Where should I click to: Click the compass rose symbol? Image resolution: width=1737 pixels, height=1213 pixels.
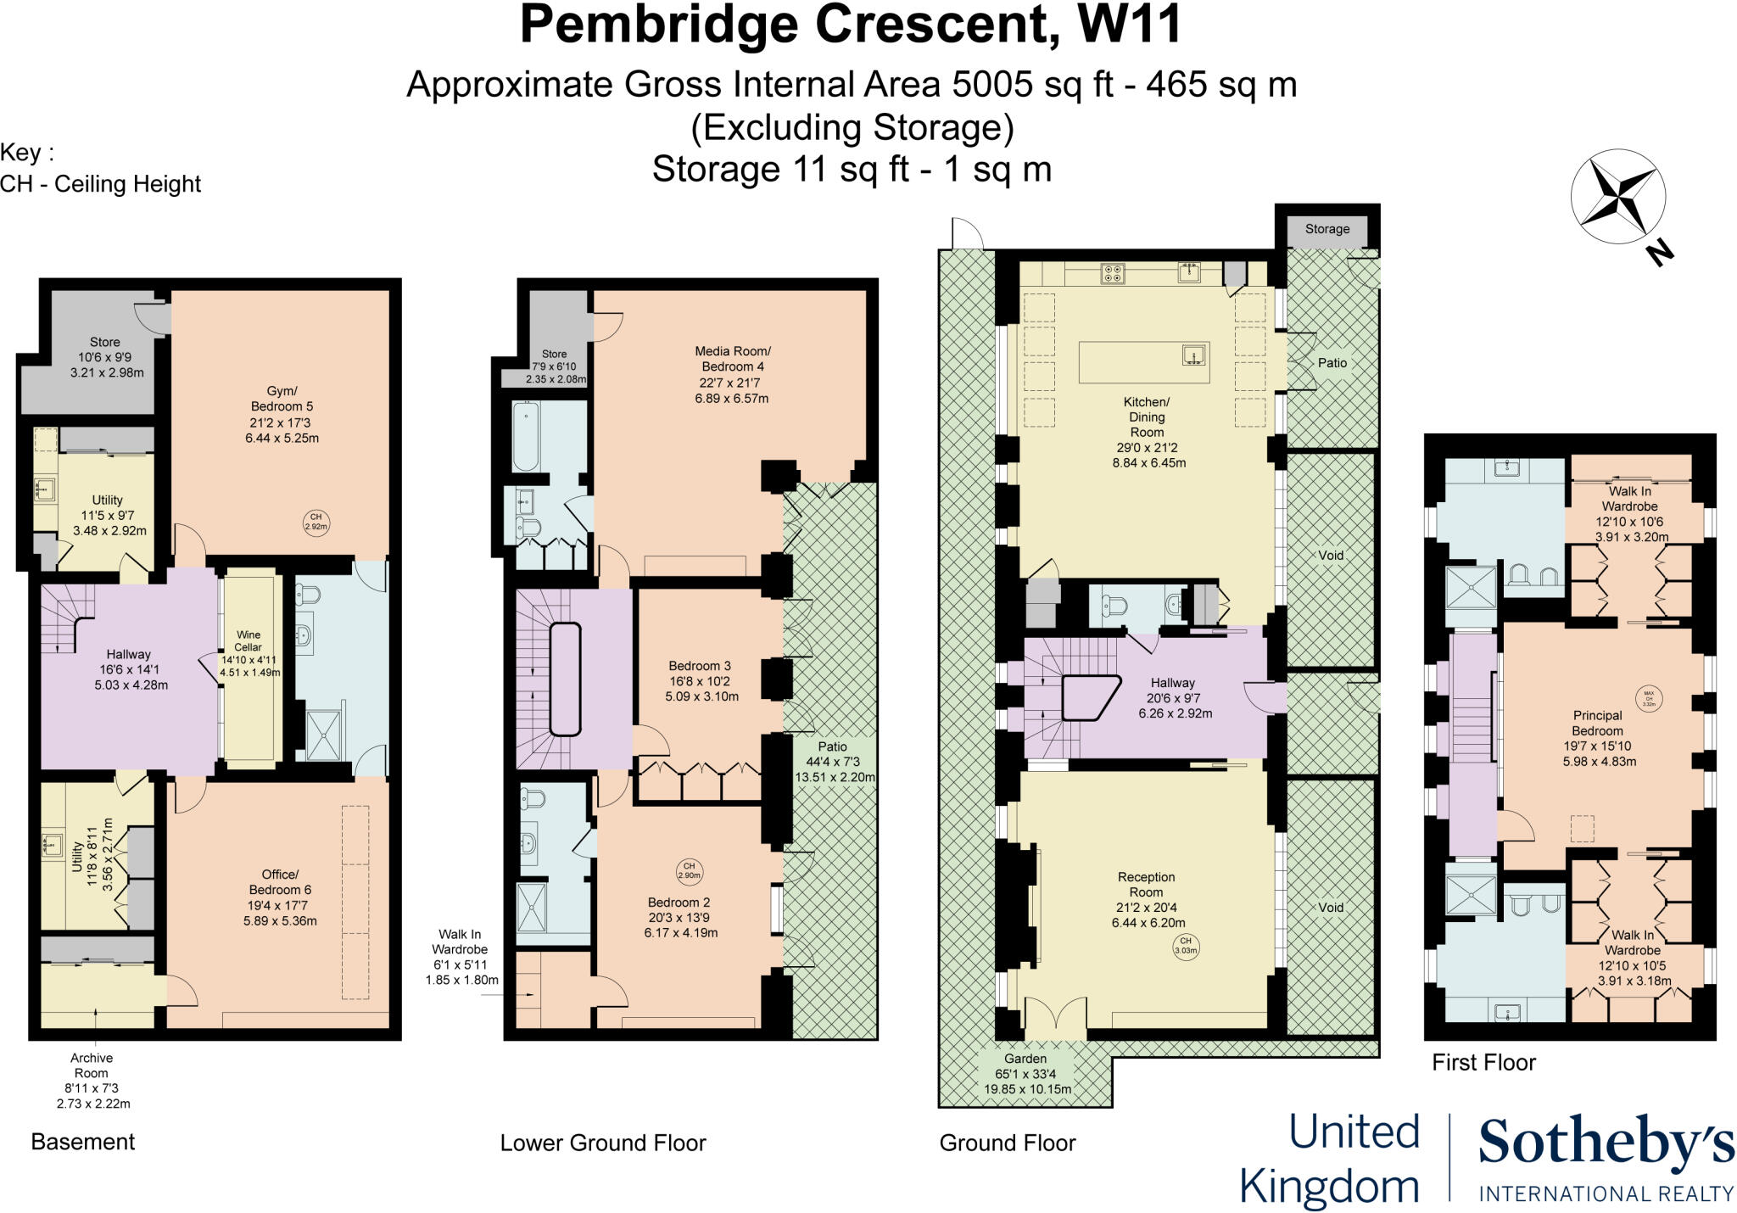pos(1617,196)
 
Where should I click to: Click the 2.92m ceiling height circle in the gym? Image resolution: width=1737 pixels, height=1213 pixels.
pos(316,522)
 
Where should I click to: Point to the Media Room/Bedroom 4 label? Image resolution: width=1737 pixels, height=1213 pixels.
pos(732,374)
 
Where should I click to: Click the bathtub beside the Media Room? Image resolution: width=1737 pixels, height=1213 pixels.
pos(527,437)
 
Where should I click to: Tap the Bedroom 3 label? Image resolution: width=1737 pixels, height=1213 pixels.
pos(700,680)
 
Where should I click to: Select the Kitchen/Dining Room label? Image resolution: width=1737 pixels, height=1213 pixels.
pos(1148,432)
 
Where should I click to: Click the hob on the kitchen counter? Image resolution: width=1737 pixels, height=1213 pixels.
pos(1112,273)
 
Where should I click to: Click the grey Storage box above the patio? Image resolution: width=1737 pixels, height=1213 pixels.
pos(1327,229)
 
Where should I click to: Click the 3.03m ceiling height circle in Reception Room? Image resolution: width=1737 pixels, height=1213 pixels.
pos(1186,946)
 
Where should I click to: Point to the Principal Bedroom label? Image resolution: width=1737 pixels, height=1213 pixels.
pos(1598,738)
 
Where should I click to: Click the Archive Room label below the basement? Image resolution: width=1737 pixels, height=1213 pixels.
pos(92,1080)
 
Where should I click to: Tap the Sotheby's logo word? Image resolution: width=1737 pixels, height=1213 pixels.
pos(1606,1143)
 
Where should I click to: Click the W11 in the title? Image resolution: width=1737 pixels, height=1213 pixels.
pos(1129,25)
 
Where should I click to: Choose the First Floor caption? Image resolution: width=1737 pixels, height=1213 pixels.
pos(1483,1062)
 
